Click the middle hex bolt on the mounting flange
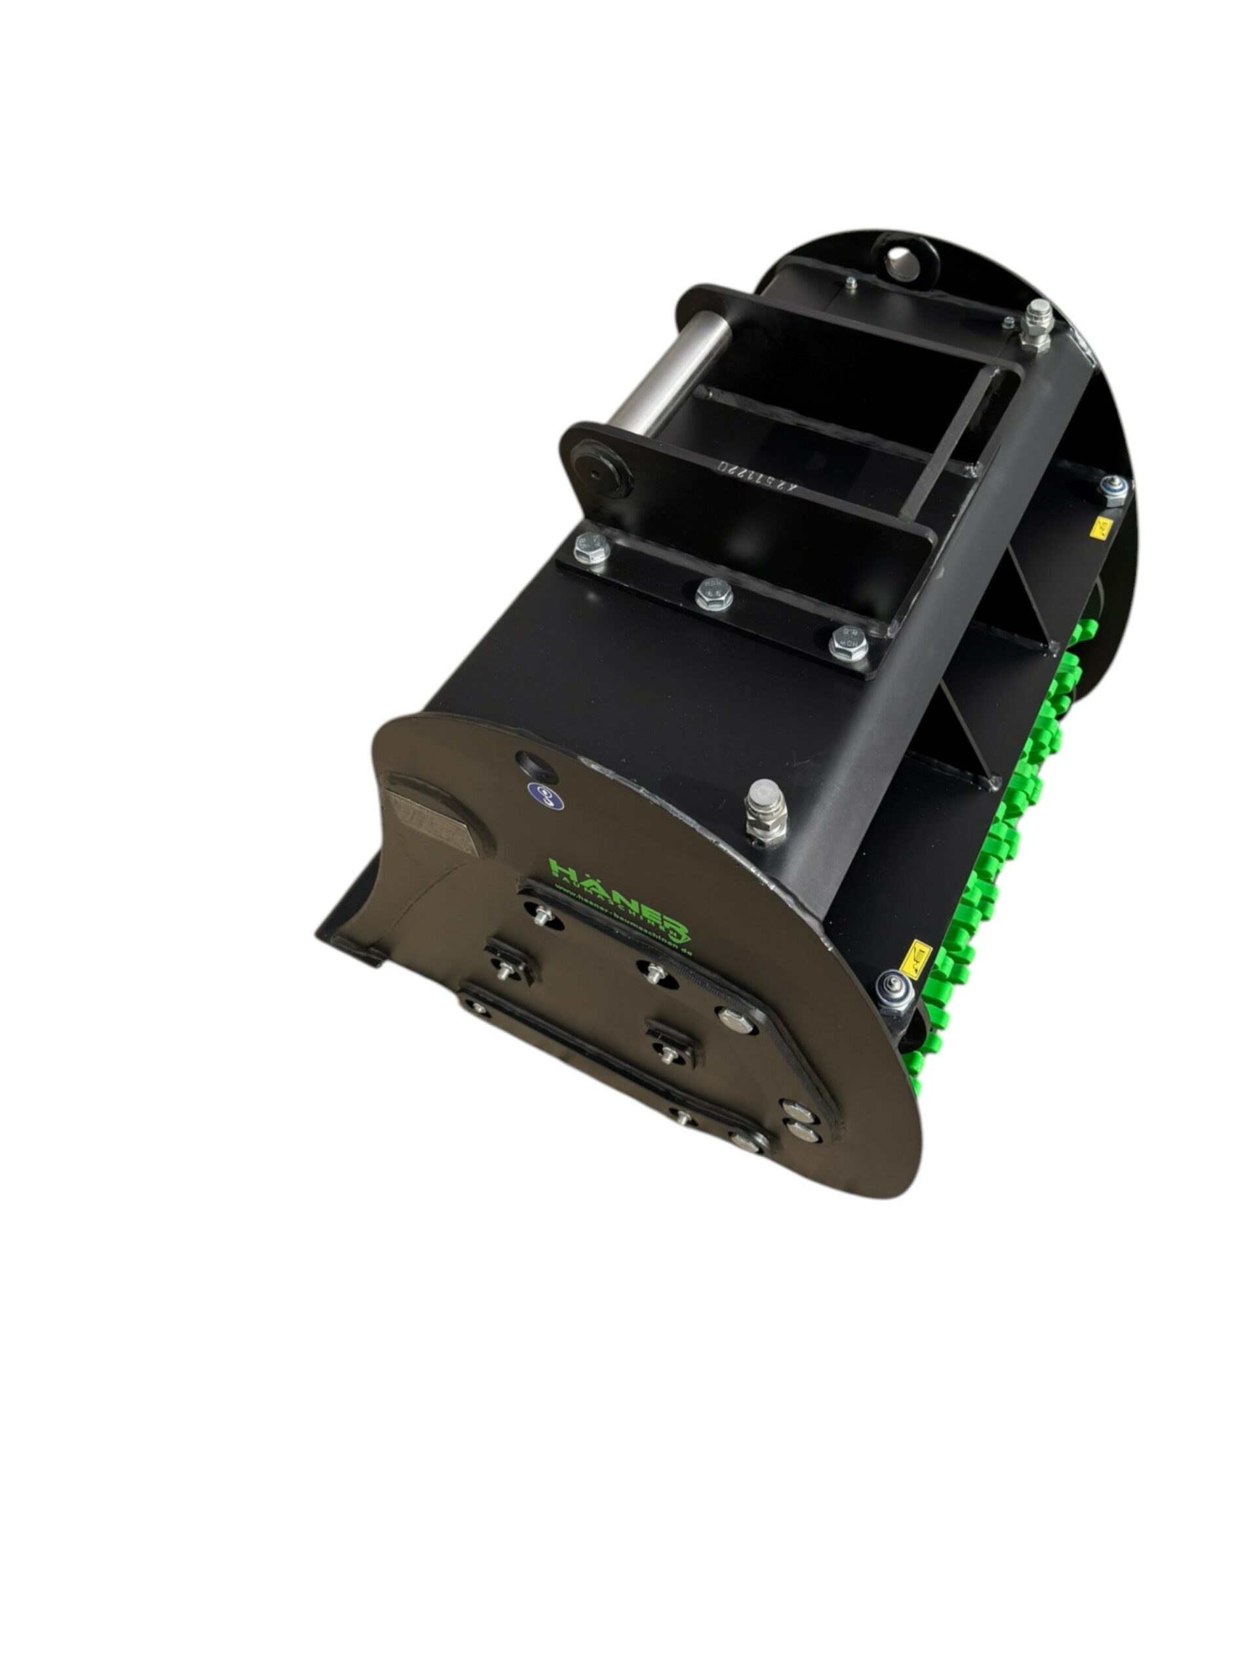(713, 594)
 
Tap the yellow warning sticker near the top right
(1100, 527)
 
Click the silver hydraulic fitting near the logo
(765, 810)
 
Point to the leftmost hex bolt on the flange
(590, 546)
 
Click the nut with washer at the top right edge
(1113, 489)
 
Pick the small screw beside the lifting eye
(850, 284)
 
